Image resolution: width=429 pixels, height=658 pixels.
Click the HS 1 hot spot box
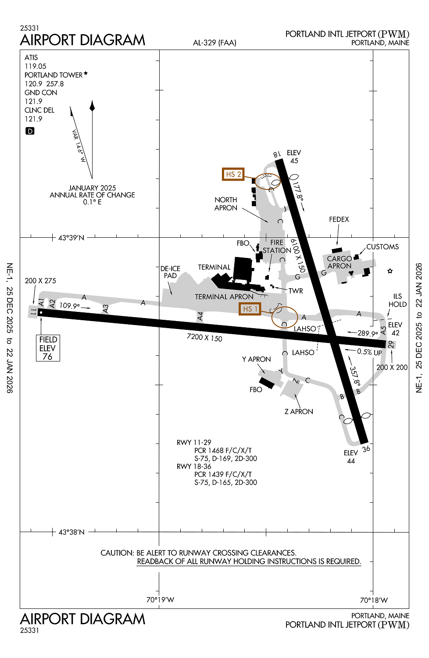[250, 309]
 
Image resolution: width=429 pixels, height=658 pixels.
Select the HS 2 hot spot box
[233, 174]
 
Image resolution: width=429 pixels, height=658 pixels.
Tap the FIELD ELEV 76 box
[48, 348]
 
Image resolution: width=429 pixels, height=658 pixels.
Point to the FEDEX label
[339, 219]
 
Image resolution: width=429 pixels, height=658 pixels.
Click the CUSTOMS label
[383, 247]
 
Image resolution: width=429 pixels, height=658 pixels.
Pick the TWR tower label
[296, 291]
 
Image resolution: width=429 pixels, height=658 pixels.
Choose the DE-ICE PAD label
[170, 272]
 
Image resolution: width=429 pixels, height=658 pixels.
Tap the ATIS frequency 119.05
[35, 66]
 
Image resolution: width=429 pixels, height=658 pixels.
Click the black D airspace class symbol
[30, 131]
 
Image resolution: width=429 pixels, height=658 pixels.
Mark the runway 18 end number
[277, 154]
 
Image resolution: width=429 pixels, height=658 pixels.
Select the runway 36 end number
[366, 449]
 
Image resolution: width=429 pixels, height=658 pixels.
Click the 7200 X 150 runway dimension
[204, 337]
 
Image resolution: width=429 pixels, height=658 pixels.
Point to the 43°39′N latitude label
[71, 238]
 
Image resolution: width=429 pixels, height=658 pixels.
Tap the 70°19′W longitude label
[160, 600]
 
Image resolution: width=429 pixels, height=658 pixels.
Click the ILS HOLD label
[397, 300]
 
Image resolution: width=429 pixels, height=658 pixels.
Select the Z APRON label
[299, 411]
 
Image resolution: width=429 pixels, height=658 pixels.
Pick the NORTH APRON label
[225, 204]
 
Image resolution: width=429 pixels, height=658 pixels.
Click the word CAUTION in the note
[117, 553]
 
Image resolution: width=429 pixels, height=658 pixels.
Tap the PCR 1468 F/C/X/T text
[223, 451]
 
